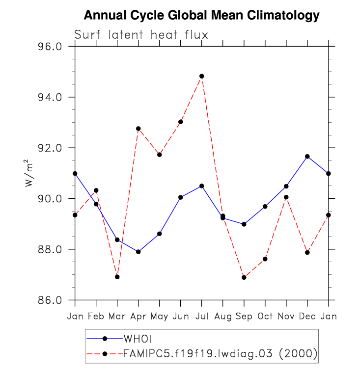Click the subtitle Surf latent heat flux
(141, 35)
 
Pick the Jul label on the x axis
(201, 316)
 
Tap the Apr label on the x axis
(138, 316)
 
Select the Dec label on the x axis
(307, 316)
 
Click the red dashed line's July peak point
(201, 76)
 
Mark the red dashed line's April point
(138, 129)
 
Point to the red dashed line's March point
(117, 277)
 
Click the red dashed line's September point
(244, 277)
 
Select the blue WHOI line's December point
(307, 156)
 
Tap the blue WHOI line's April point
(138, 252)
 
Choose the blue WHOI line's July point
(201, 186)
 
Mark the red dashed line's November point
(286, 197)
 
